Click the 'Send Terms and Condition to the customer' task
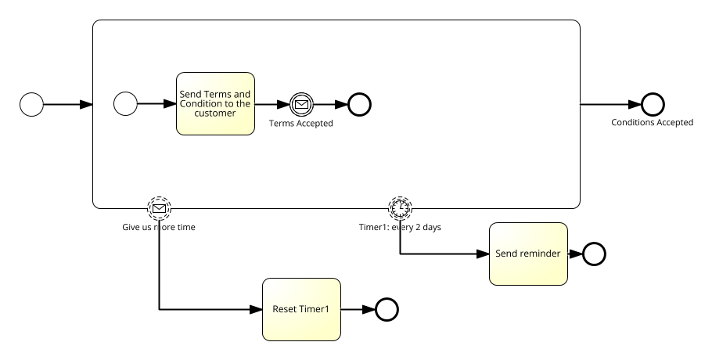click(215, 103)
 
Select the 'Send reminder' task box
click(528, 254)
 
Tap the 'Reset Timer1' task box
click(301, 309)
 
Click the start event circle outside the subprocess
click(31, 104)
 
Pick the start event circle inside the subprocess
click(125, 103)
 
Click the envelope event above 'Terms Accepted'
click(301, 104)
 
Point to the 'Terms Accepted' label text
click(301, 124)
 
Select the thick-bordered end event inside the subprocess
click(359, 104)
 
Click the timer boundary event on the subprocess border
click(401, 207)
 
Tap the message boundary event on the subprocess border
click(159, 208)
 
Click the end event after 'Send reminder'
click(594, 254)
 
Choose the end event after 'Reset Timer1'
click(387, 310)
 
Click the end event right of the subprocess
click(653, 104)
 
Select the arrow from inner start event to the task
click(156, 103)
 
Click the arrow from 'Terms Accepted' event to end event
click(330, 104)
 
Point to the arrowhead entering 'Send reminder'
click(484, 254)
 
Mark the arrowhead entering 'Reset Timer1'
click(257, 310)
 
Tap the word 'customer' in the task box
click(215, 113)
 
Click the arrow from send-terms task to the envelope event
click(271, 104)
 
